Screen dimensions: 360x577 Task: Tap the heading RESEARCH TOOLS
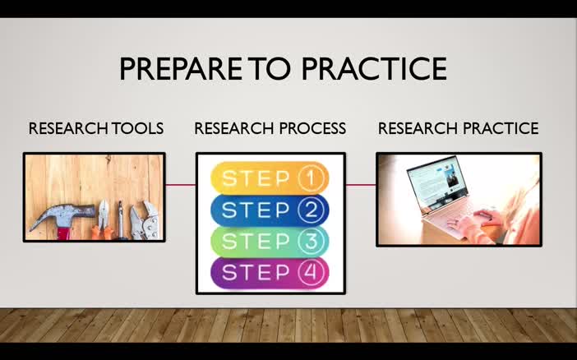[96, 129]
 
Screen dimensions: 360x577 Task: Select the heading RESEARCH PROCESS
[270, 129]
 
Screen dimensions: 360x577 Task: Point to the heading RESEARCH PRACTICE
[458, 129]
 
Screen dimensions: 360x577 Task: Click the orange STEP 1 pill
[270, 178]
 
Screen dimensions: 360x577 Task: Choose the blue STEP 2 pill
[270, 210]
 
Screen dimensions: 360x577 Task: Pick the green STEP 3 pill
[270, 242]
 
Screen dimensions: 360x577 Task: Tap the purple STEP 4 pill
[270, 273]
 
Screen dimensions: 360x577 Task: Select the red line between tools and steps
[181, 185]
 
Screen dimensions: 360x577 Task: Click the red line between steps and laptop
[361, 185]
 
